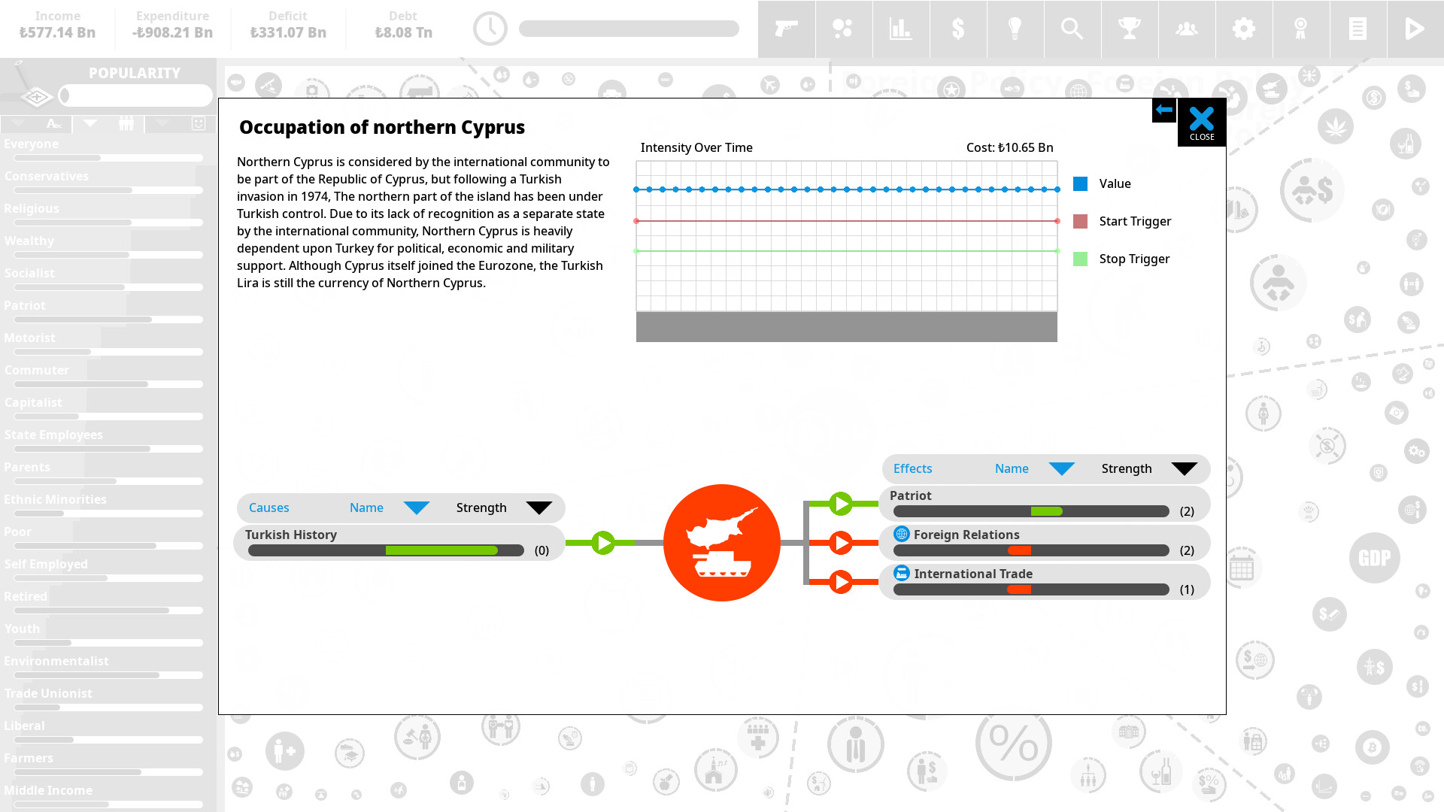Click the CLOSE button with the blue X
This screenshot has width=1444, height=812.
coord(1201,122)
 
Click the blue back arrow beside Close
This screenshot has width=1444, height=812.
coord(1163,110)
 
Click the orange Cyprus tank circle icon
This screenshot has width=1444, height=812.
coord(721,542)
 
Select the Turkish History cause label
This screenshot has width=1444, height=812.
coord(290,535)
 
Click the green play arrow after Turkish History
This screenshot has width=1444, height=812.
coord(603,542)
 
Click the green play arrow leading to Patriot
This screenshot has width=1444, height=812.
coord(840,503)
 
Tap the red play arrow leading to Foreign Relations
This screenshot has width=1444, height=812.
coord(840,542)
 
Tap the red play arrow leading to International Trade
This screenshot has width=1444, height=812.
coord(840,581)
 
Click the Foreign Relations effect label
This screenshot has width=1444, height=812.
coord(966,535)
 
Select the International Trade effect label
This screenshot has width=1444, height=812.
coord(972,574)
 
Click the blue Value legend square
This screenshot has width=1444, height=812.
coord(1080,183)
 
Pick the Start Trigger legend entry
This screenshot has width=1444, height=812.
coord(1134,221)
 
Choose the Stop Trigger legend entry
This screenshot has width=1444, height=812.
coord(1133,259)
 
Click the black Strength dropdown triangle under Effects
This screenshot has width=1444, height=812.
coord(1184,469)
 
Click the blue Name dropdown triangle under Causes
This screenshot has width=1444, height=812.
coord(416,508)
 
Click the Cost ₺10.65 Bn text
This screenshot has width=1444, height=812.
coord(1009,147)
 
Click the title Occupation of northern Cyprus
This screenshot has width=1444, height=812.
coord(381,127)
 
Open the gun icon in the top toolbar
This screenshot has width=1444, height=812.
coord(786,29)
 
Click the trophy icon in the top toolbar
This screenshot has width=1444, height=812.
coord(1129,29)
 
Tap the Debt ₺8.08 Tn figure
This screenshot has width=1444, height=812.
coord(403,32)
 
